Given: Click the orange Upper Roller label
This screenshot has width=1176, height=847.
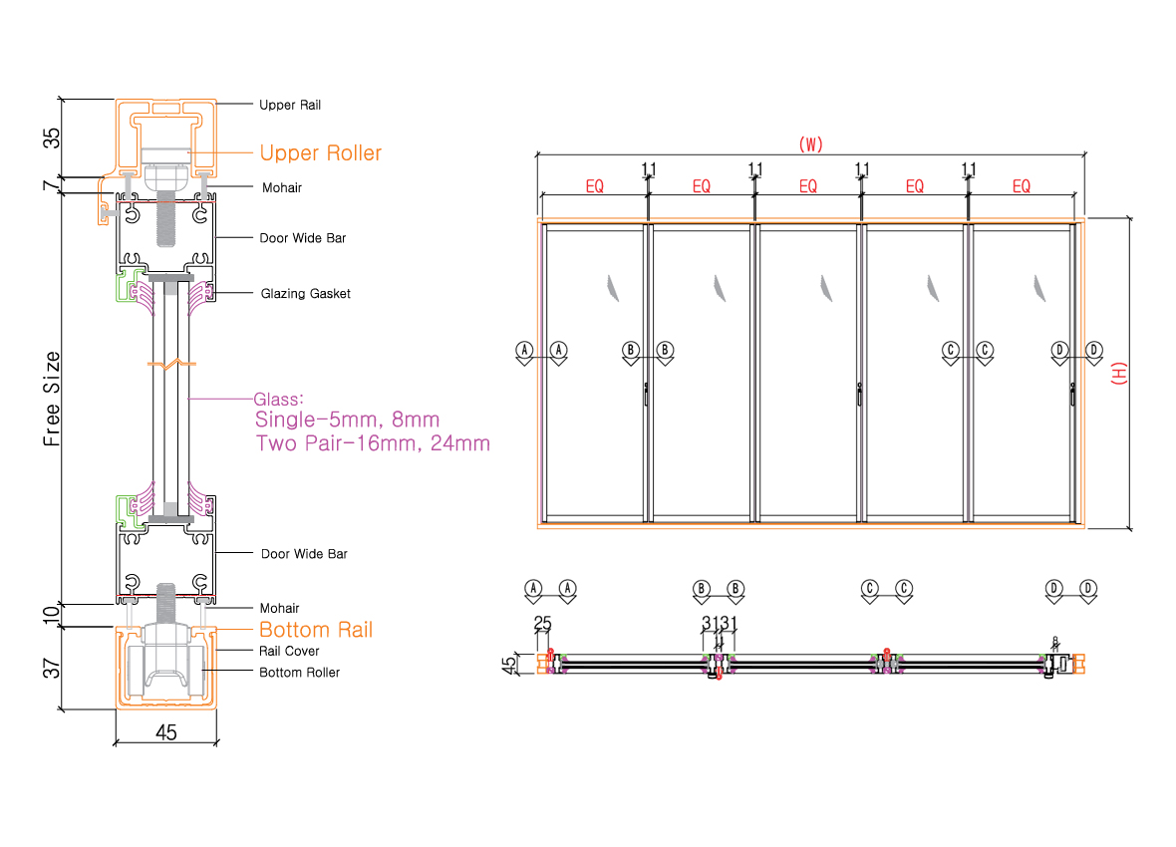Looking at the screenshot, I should pos(320,152).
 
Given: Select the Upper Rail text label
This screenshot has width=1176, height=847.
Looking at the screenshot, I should pos(290,105).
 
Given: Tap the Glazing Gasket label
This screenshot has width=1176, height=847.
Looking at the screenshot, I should pos(305,294).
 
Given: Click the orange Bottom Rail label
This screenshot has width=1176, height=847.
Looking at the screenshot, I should pos(316,630).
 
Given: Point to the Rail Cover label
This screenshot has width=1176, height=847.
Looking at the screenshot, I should pos(289,651).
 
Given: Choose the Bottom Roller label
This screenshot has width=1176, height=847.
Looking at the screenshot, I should pos(299,673).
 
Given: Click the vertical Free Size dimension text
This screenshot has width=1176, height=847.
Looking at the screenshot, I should pos(53,398).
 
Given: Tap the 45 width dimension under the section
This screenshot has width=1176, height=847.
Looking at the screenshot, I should pos(166,732).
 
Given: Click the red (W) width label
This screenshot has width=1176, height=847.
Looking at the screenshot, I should pos(810,144).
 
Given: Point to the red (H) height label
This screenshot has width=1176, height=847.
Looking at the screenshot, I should pos(1118,374).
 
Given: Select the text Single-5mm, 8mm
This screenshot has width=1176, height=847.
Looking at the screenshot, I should pos(347,420).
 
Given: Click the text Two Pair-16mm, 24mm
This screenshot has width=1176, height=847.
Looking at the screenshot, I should pos(373,443).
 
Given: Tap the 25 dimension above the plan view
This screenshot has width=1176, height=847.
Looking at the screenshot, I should pos(542,624).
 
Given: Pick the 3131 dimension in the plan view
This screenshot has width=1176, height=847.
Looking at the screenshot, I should pos(719,624).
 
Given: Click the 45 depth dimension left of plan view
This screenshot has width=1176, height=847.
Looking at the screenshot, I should pos(509,663).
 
